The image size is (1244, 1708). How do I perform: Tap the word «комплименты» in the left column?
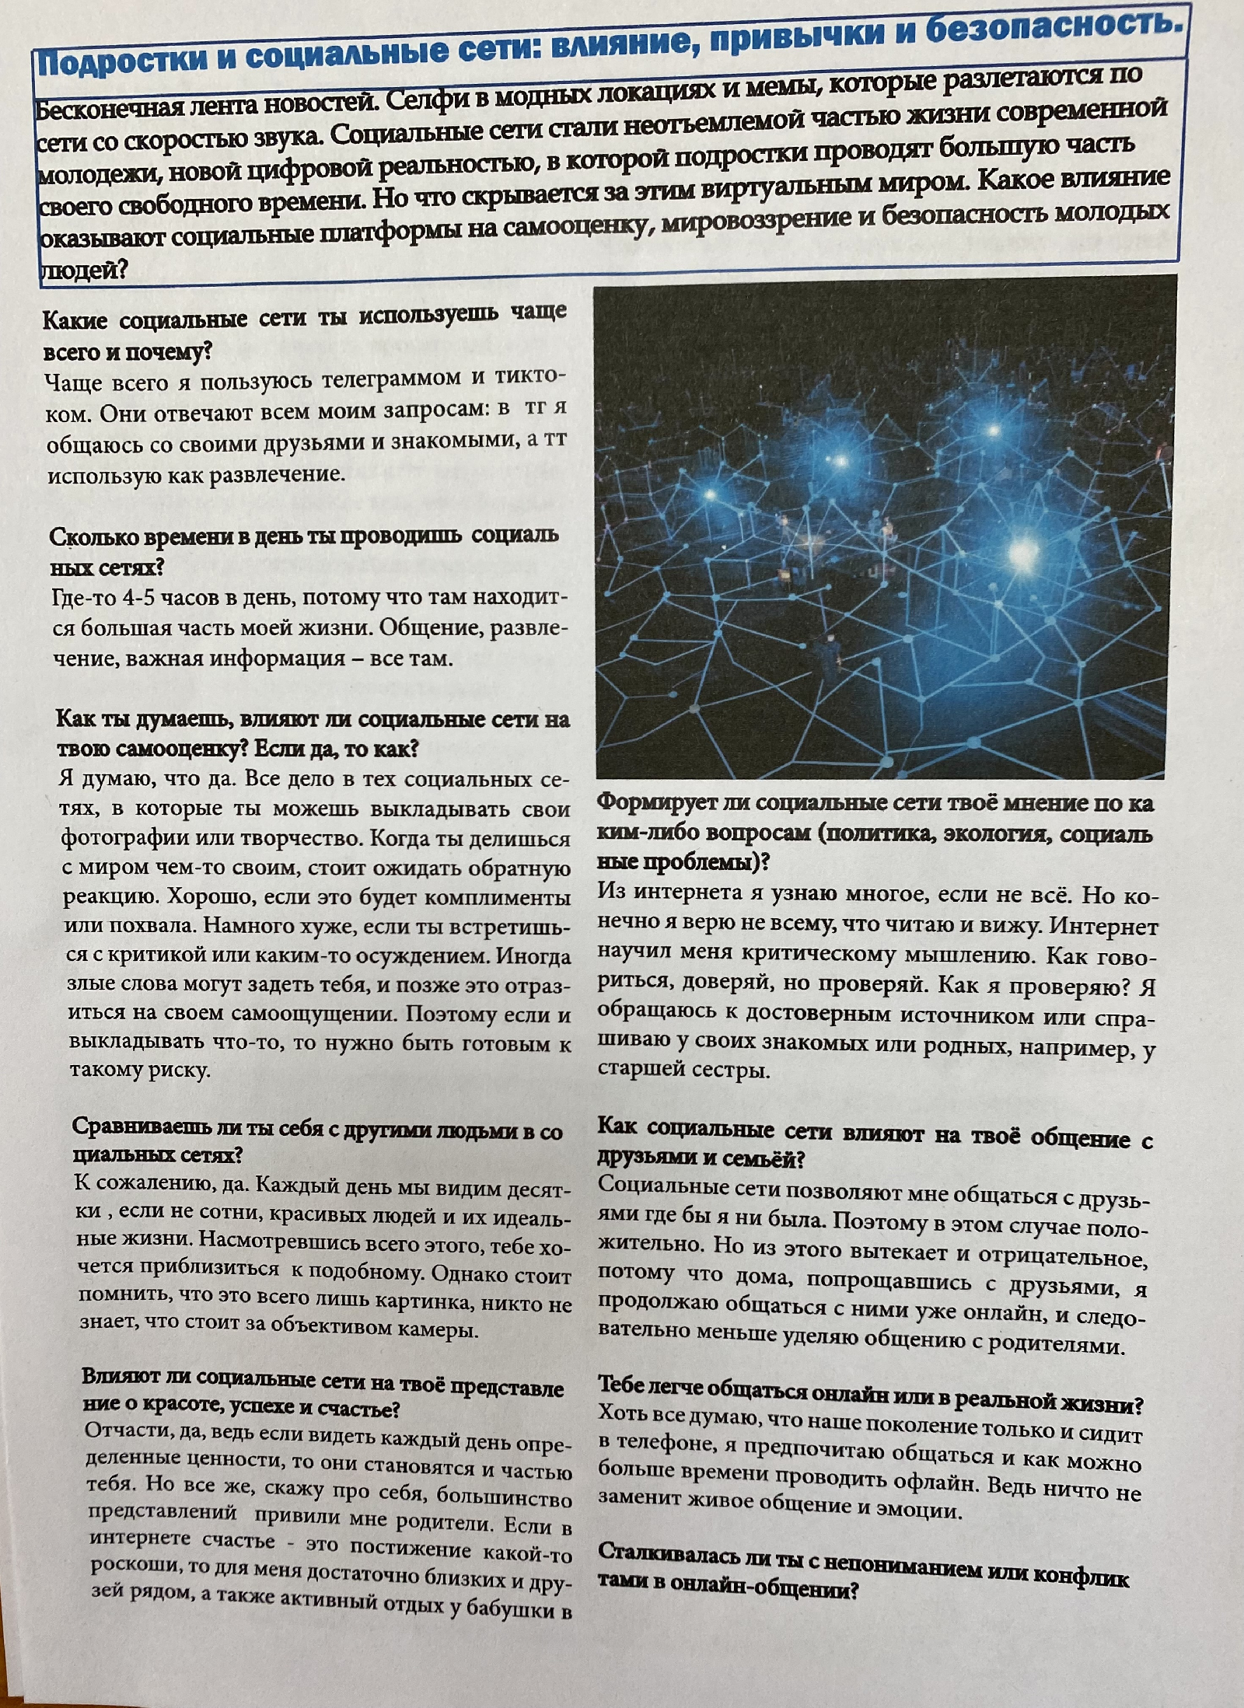497,898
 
